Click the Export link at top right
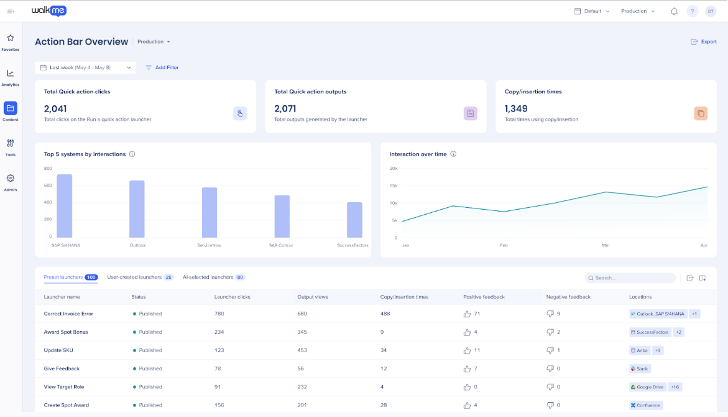click(x=703, y=42)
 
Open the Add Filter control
click(x=162, y=67)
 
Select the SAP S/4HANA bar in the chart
click(x=65, y=206)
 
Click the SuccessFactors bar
click(x=355, y=220)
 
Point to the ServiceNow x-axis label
click(x=210, y=245)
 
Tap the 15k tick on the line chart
click(x=394, y=185)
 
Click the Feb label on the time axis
click(x=504, y=245)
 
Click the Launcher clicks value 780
click(x=219, y=314)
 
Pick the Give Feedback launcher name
click(x=62, y=368)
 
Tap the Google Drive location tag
click(x=648, y=387)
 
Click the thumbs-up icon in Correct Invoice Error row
click(x=467, y=314)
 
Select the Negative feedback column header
click(x=568, y=297)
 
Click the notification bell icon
click(x=674, y=11)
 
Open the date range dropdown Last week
click(x=85, y=67)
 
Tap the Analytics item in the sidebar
click(x=10, y=78)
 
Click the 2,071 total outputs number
click(x=285, y=109)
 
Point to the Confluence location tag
click(x=646, y=405)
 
